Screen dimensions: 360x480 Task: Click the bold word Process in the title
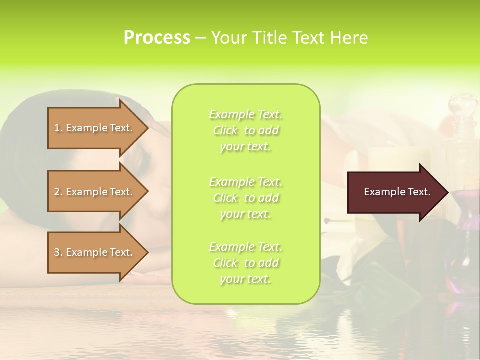pyautogui.click(x=157, y=37)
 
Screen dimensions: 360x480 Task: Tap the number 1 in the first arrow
pyautogui.click(x=57, y=128)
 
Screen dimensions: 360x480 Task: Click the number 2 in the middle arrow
pyautogui.click(x=57, y=192)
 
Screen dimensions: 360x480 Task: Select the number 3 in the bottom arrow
pyautogui.click(x=57, y=252)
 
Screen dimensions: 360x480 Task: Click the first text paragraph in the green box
pyautogui.click(x=245, y=130)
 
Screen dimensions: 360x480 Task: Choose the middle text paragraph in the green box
pyautogui.click(x=245, y=198)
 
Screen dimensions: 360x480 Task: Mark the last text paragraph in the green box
pyautogui.click(x=245, y=263)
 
